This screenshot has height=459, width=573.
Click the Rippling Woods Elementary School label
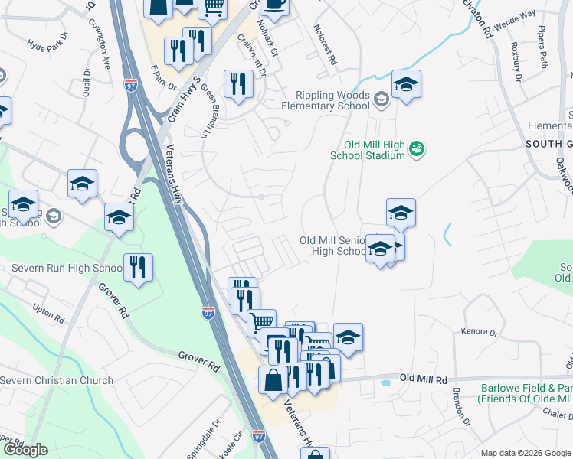click(326, 101)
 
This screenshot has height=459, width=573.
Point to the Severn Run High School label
click(67, 269)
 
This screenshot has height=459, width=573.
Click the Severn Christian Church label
click(57, 380)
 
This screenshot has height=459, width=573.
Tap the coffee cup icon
click(274, 5)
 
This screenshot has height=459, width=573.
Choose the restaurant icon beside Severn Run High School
click(138, 267)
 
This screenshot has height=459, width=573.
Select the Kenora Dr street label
click(479, 333)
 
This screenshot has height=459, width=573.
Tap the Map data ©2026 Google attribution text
click(525, 453)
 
